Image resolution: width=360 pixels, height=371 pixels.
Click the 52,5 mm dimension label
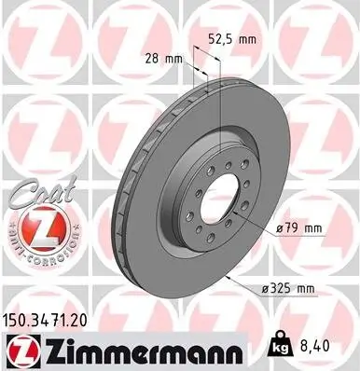click(x=232, y=41)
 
